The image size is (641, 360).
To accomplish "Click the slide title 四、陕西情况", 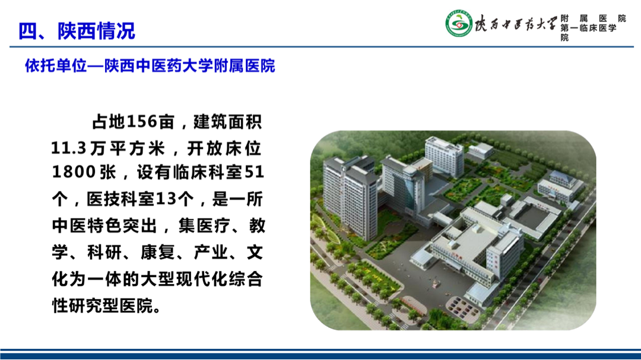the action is pos(77,31).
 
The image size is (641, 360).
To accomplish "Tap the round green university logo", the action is pos(459,24).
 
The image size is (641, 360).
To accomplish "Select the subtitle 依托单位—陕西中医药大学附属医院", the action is pos(150,66).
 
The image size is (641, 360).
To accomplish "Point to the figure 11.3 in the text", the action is pos(68,148).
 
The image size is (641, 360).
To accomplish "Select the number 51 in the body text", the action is pos(254,173).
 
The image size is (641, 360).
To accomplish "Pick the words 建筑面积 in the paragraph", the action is pos(228,122).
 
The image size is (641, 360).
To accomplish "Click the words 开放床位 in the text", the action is pos(224,148).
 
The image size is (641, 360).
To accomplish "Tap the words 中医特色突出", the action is pos(104,225).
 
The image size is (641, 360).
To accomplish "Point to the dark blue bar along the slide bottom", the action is pos(320,355).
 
